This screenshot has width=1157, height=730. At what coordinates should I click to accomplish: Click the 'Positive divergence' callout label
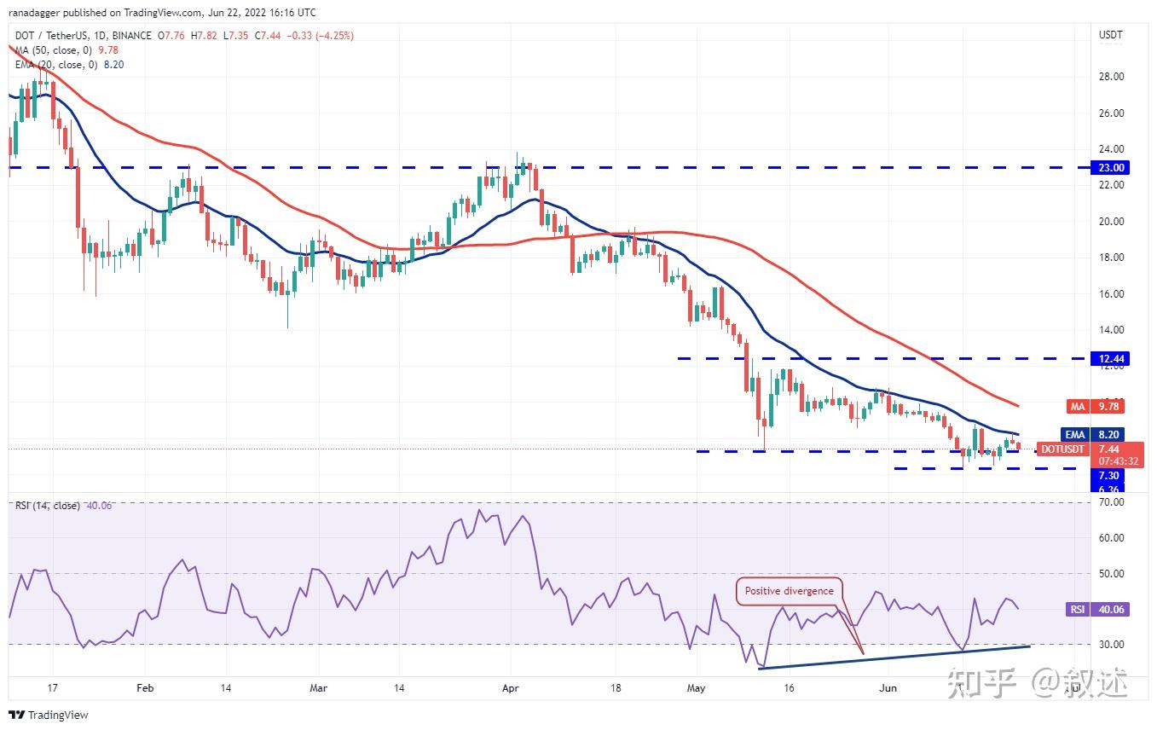(789, 590)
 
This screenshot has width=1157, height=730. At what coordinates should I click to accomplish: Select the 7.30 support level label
(1109, 475)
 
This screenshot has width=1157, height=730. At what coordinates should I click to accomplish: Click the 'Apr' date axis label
(511, 687)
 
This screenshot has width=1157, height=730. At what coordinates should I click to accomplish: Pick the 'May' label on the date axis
(697, 687)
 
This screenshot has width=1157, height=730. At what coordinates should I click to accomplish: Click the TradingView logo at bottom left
(49, 715)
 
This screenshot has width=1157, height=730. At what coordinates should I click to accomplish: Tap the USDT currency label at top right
(1110, 35)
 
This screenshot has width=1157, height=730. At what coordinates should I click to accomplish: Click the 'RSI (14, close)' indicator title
(48, 506)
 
